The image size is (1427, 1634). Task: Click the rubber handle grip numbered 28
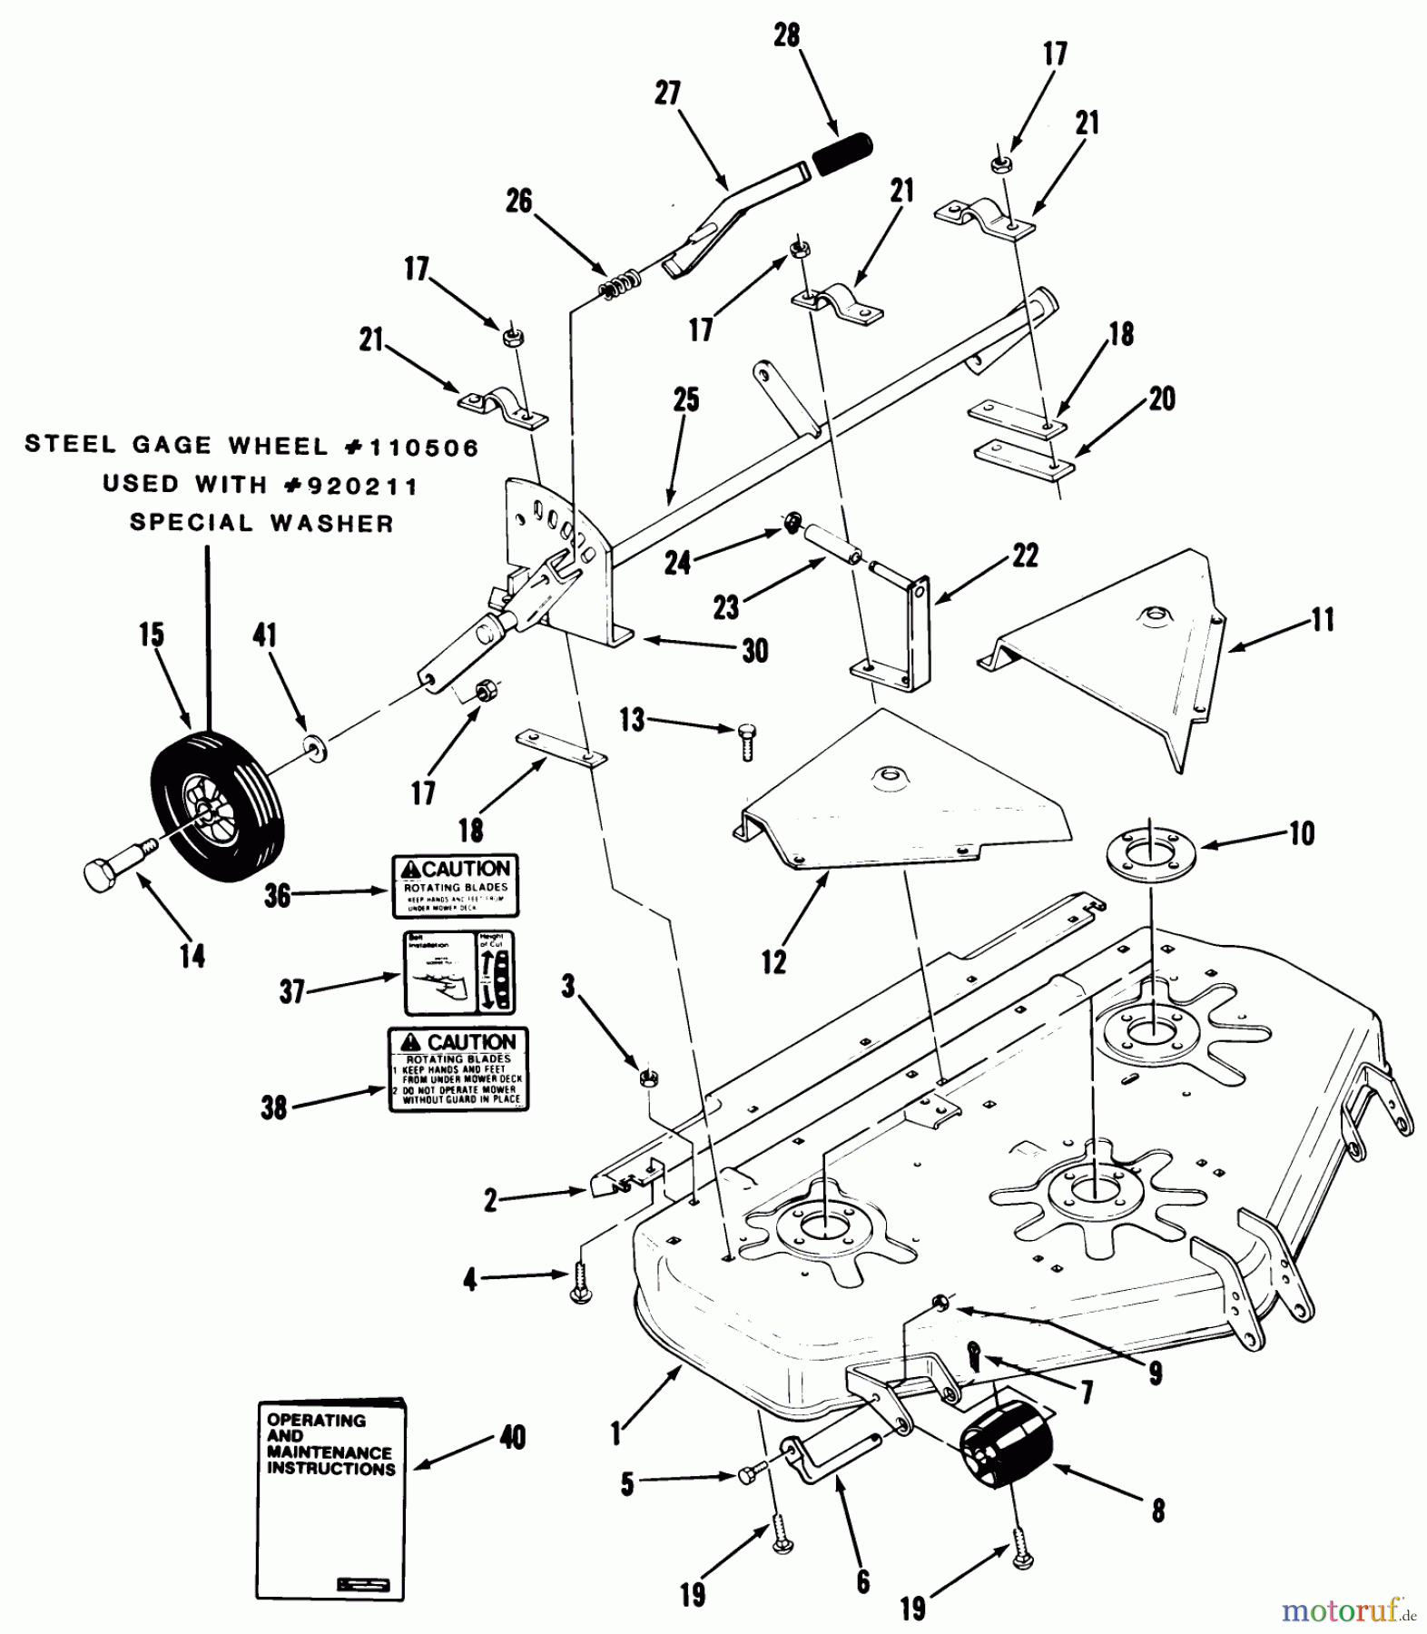click(x=841, y=153)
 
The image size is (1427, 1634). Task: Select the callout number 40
click(x=513, y=1438)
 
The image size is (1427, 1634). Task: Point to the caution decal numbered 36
click(x=456, y=886)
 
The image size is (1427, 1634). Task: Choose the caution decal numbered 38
click(x=458, y=1069)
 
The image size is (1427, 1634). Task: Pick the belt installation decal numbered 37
click(x=459, y=972)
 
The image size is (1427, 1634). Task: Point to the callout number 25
click(x=687, y=400)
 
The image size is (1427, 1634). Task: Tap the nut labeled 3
click(x=648, y=1078)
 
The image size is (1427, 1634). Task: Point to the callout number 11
click(x=1324, y=620)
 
